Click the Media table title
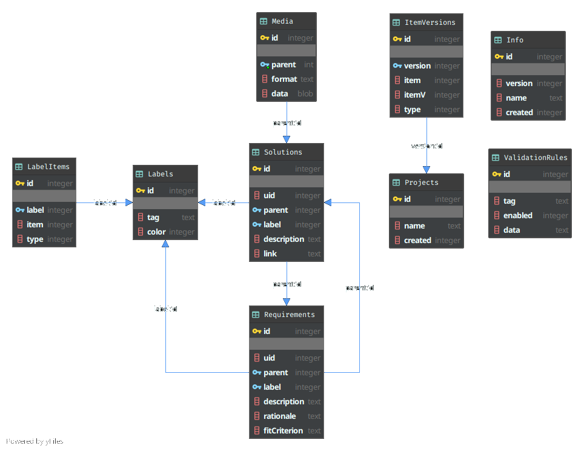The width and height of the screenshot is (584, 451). [x=282, y=21]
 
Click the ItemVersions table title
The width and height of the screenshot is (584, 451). [x=430, y=22]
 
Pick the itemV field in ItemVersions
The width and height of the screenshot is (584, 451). [x=415, y=95]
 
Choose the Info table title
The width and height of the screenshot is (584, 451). [x=514, y=40]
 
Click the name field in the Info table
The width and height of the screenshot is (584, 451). [x=516, y=98]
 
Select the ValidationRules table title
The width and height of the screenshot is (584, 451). [x=536, y=158]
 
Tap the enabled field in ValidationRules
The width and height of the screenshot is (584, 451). [x=518, y=215]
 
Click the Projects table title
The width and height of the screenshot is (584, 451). [x=421, y=182]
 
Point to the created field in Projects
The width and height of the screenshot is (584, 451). [x=417, y=240]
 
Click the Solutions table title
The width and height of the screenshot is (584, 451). [x=283, y=152]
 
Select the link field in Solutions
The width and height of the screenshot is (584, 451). [x=270, y=253]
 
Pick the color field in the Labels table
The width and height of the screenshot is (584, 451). [x=156, y=232]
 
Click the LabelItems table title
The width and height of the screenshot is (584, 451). [x=48, y=167]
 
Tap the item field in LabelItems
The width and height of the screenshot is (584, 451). [x=35, y=224]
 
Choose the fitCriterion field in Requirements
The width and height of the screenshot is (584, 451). [x=283, y=430]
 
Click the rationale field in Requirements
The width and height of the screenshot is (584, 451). [x=279, y=416]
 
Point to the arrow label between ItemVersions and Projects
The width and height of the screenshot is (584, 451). [x=426, y=146]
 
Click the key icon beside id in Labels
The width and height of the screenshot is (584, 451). [x=141, y=190]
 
